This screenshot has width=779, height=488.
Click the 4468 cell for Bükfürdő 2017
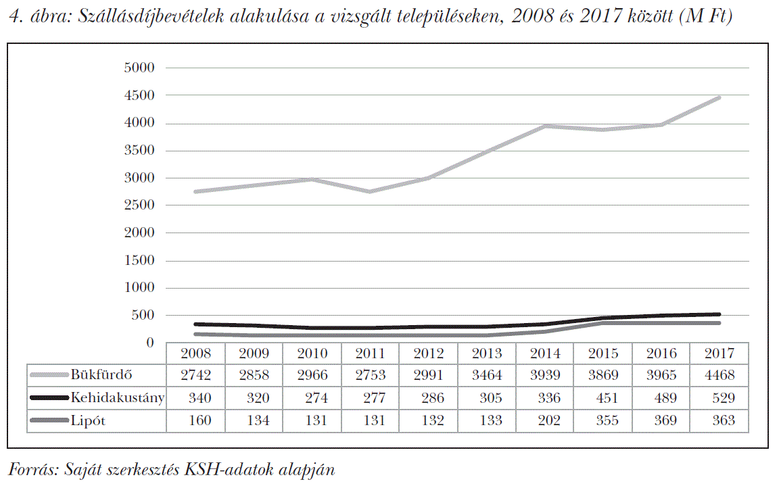coord(718,375)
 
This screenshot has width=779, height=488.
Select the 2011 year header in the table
coord(371,353)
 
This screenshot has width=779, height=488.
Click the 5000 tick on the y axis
coord(140,68)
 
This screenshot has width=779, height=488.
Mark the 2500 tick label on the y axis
coord(140,205)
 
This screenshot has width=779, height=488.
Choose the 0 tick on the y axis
coord(150,343)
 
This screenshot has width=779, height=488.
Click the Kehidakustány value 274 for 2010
coord(312,397)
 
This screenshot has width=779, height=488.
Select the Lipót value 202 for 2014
coord(545,420)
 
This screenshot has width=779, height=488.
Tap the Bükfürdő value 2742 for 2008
coord(196,375)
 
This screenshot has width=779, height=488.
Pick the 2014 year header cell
coord(545,353)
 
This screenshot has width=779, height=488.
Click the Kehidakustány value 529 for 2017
coord(718,397)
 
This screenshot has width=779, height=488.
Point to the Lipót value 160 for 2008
coord(196,420)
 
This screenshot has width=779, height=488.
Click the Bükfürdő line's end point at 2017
coord(718,98)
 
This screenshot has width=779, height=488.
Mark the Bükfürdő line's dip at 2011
coord(371,191)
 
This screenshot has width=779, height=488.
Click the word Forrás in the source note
coord(29,469)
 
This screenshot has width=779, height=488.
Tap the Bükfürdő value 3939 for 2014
coord(545,375)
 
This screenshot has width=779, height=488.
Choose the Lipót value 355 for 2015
coord(603,420)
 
